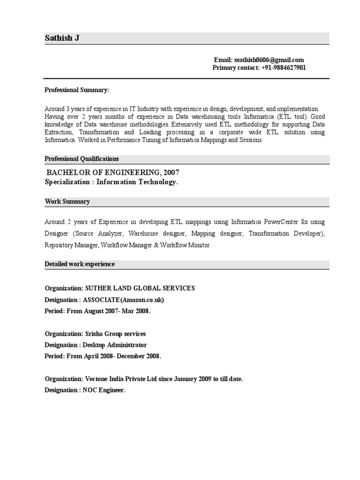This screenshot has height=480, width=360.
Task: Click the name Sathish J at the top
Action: tap(62, 38)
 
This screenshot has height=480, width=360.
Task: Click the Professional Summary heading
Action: tap(77, 90)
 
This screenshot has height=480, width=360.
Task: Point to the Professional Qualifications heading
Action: tap(82, 159)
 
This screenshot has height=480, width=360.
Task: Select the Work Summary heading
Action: tap(67, 202)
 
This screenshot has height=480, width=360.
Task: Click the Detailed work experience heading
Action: tap(80, 264)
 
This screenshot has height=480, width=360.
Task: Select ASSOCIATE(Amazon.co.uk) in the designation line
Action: tap(124, 300)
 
